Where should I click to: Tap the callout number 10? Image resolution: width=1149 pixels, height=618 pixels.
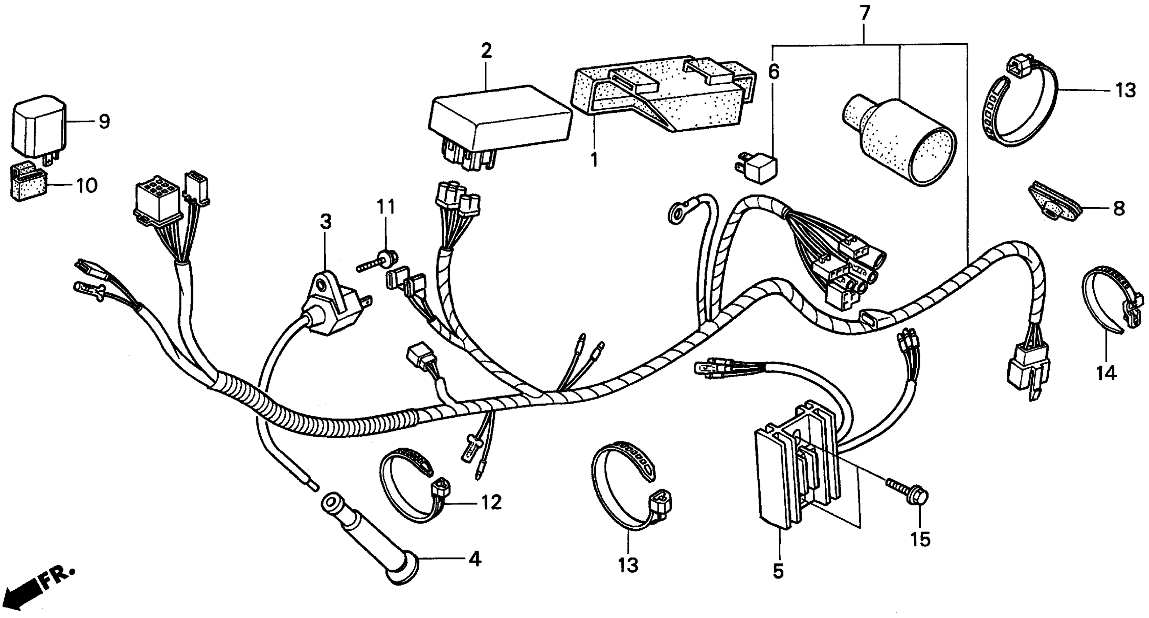[x=87, y=185]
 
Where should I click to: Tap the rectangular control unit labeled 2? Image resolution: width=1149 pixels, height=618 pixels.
[x=499, y=123]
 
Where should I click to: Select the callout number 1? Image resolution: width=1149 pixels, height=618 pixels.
[x=594, y=159]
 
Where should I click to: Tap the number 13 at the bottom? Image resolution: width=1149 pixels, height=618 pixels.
[x=628, y=565]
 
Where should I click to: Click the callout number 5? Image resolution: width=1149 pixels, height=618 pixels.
[x=778, y=571]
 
